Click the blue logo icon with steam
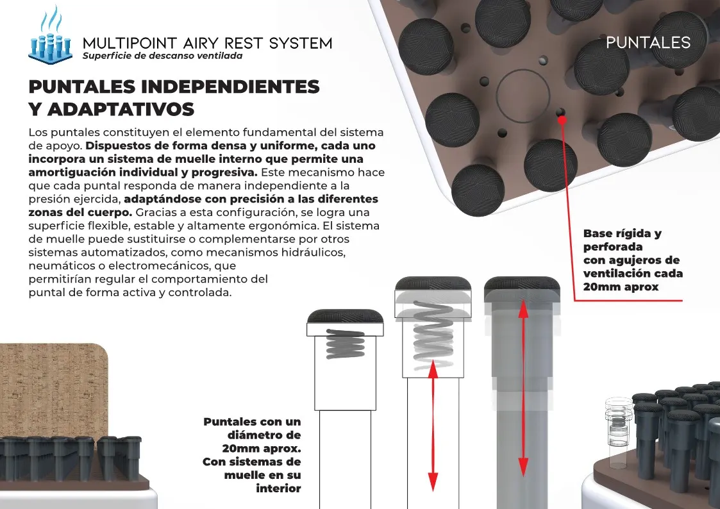51,37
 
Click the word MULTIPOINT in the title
130,43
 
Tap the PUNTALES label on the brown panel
648,43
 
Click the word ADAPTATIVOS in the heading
121,109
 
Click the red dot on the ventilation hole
562,120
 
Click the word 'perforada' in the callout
612,247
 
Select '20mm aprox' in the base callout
621,287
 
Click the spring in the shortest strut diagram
346,344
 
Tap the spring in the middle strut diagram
433,335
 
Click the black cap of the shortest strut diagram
345,317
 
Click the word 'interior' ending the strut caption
278,488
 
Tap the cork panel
54,391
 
